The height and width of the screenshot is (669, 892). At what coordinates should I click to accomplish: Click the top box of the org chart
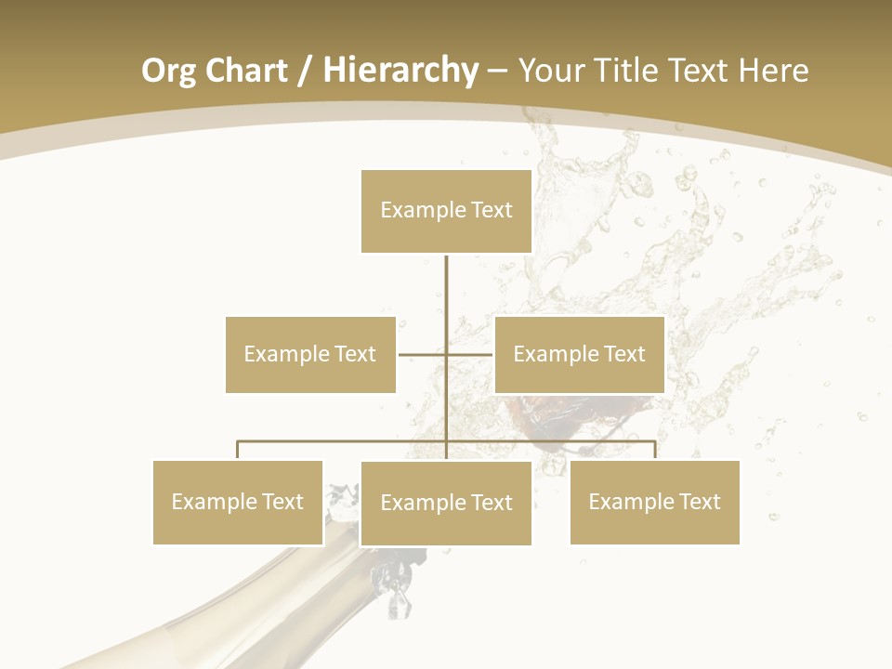point(446,211)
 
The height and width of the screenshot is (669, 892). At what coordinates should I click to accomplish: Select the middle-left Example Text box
point(310,354)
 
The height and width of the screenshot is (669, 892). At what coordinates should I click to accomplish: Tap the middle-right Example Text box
point(579,354)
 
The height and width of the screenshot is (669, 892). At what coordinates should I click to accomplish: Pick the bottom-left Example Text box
point(238,502)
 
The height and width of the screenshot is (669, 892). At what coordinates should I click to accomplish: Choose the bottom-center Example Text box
point(446,503)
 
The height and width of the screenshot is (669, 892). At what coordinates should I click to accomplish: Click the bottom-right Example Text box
point(654,502)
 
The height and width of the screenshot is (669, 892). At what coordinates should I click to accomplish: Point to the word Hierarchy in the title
point(400,71)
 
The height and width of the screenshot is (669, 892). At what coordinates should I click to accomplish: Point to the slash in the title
point(305,71)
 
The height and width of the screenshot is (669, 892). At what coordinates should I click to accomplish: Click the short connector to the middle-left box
point(422,354)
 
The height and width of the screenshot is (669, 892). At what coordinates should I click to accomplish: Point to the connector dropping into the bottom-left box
point(238,450)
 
